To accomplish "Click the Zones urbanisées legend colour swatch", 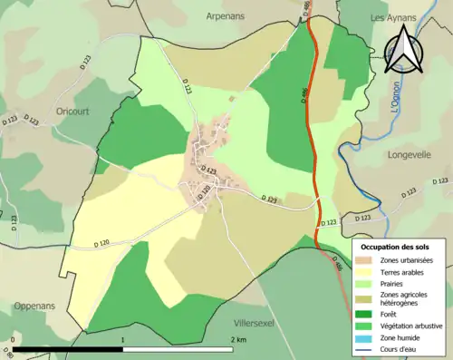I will pos(367,260).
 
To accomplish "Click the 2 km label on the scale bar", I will pos(239,339).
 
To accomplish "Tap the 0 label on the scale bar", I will pos(13,339).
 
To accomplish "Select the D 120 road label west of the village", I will pos(107,244).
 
